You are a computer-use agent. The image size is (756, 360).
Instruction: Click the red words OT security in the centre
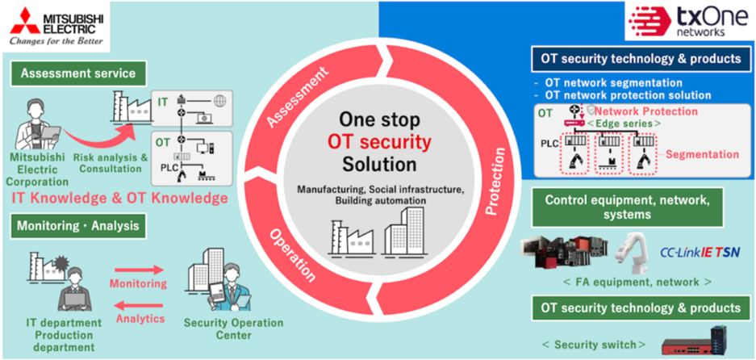pyautogui.click(x=378, y=143)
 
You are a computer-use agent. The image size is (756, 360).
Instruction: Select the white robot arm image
pyautogui.click(x=633, y=250)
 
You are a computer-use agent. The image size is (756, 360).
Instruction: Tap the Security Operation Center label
pyautogui.click(x=235, y=329)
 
